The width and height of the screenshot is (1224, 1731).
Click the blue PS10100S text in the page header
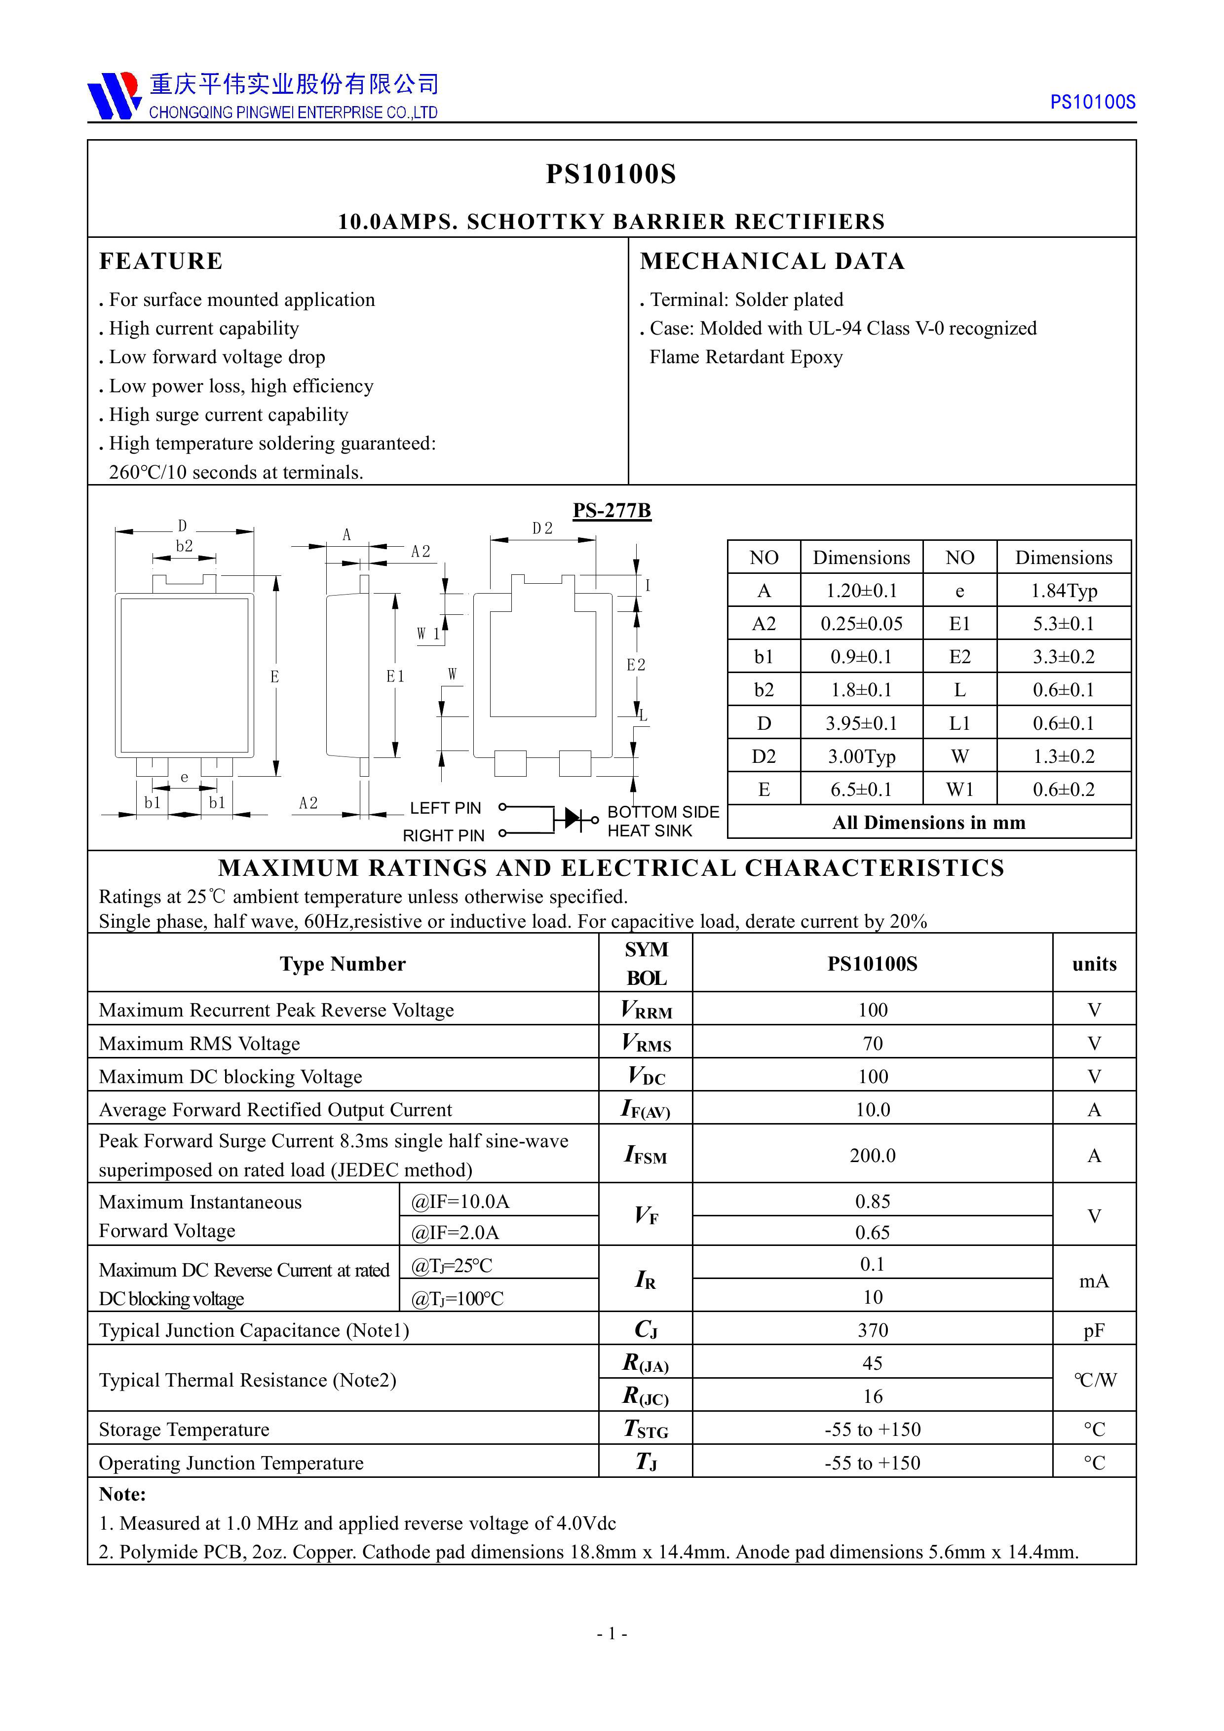(x=1092, y=103)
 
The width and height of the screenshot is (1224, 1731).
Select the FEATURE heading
(x=160, y=261)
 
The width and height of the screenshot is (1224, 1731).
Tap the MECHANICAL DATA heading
(x=771, y=261)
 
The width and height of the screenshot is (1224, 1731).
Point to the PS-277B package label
(x=611, y=510)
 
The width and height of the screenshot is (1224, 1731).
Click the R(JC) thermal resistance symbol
(x=646, y=1396)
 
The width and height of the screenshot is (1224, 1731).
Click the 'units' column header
(x=1094, y=964)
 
